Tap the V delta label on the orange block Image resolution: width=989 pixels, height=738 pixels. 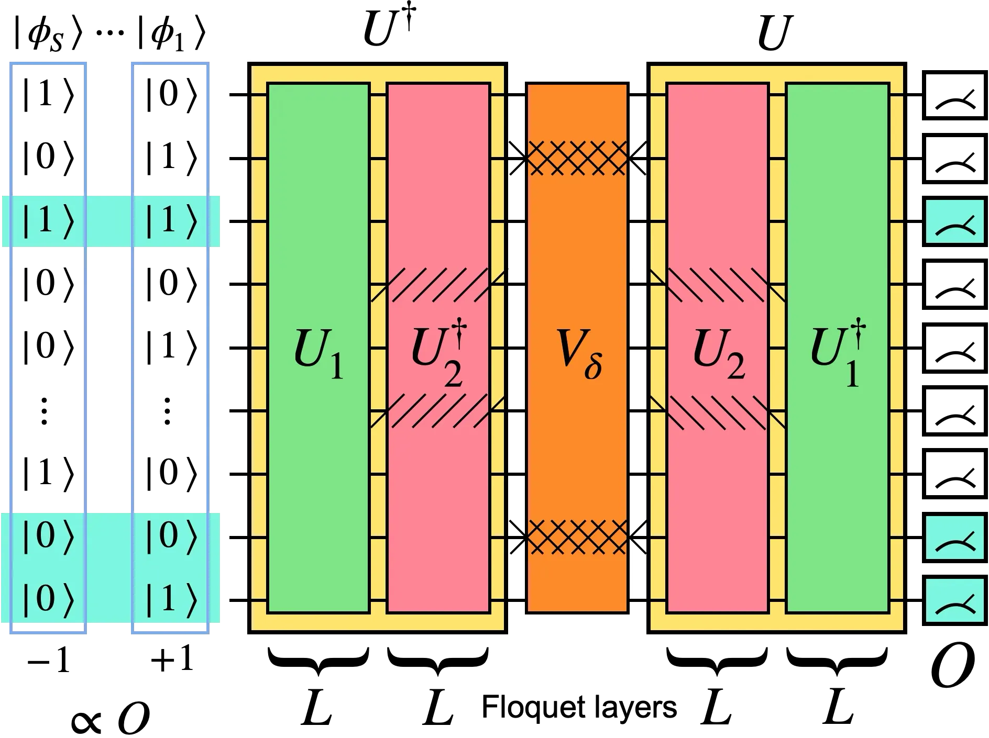pos(577,361)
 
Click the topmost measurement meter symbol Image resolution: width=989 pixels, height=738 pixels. pos(954,222)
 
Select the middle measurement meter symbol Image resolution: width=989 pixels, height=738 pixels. pos(954,538)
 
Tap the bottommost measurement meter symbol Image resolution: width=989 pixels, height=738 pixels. pos(954,600)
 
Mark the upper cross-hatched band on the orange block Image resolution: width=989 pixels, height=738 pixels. pos(577,158)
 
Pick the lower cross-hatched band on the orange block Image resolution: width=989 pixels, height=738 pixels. pos(577,536)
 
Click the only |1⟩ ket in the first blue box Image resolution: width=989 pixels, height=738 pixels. pos(47,222)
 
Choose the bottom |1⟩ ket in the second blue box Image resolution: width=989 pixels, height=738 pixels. pos(170,599)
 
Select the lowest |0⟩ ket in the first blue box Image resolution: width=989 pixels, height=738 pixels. pos(47,599)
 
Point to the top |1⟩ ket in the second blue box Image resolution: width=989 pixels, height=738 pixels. pos(170,222)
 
